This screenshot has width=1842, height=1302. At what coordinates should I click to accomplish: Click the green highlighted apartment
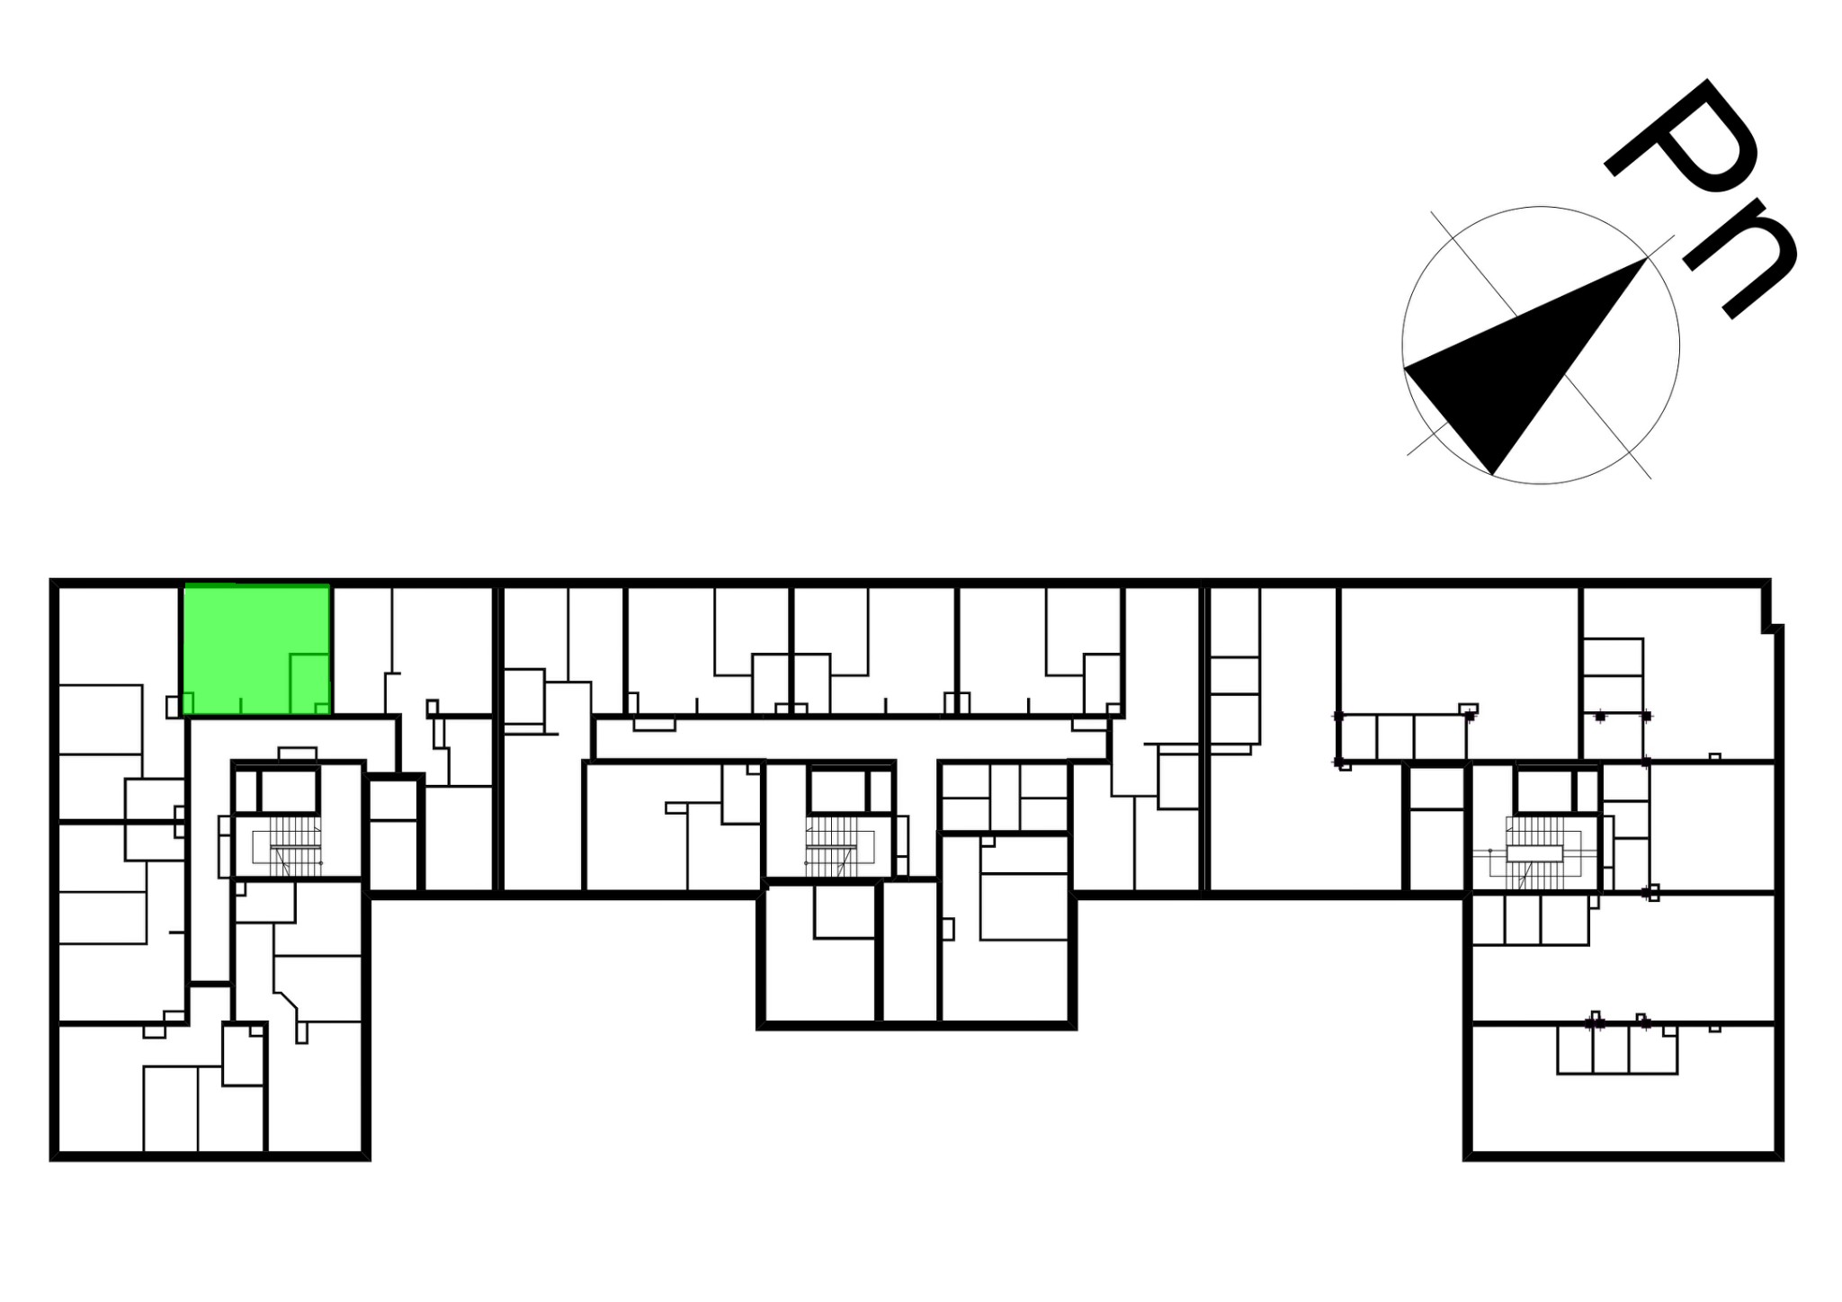pos(256,649)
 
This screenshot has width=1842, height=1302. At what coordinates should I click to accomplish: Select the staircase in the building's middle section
pos(832,846)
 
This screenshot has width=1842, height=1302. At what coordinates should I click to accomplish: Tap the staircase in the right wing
pos(1543,851)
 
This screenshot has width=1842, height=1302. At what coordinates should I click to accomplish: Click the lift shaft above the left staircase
pos(289,791)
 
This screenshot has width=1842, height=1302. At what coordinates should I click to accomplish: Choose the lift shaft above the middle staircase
pos(837,791)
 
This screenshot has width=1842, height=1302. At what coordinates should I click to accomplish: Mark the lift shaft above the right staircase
pos(1544,791)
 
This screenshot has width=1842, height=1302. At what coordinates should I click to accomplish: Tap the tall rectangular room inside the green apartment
pos(309,683)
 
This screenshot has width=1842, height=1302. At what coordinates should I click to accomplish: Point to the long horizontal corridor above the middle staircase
pos(850,738)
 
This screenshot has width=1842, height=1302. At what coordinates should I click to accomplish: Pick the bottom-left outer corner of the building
pos(52,1158)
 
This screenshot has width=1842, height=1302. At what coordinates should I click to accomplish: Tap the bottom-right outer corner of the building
pos(1781,1158)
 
